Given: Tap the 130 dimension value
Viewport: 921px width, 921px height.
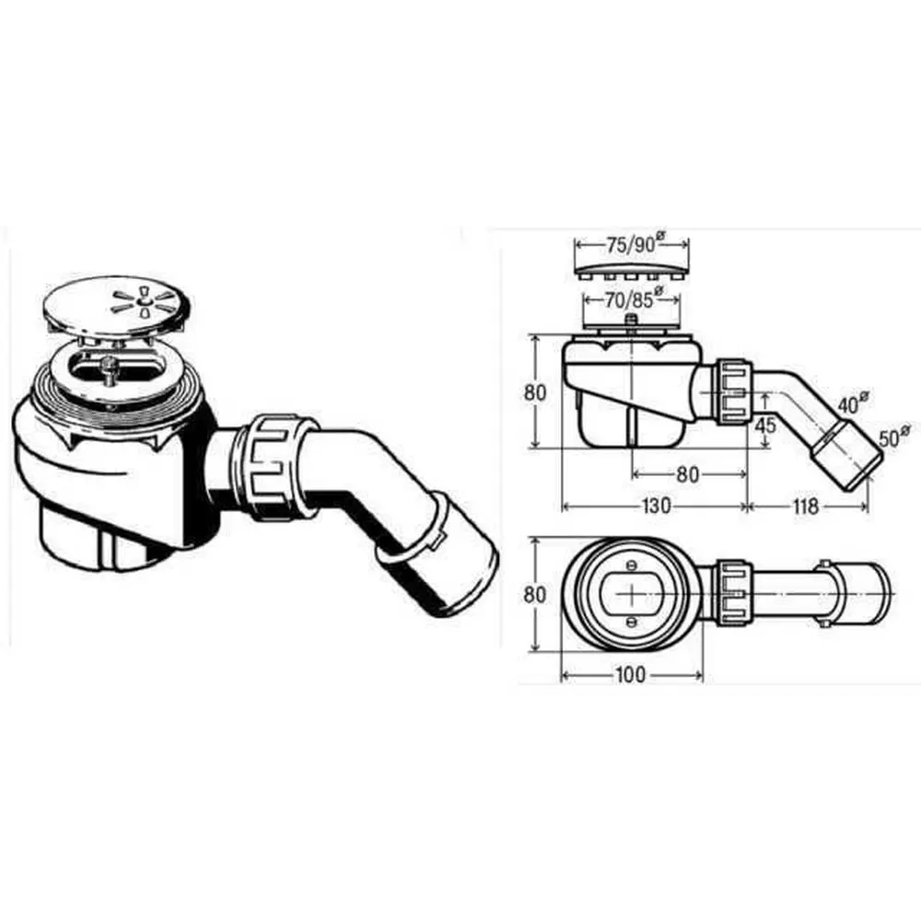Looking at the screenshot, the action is pyautogui.click(x=655, y=506).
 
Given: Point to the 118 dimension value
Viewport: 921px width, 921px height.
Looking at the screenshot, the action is pyautogui.click(x=805, y=506).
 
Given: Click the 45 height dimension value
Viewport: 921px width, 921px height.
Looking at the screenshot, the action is pyautogui.click(x=764, y=425).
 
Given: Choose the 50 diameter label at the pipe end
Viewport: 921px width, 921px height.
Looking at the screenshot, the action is pyautogui.click(x=893, y=436).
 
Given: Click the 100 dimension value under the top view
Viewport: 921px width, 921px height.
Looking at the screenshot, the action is pyautogui.click(x=630, y=675).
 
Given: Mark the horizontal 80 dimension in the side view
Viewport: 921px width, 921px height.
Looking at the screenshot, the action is pyautogui.click(x=687, y=474).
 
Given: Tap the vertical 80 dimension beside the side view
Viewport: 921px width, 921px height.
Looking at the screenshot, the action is pyautogui.click(x=534, y=391).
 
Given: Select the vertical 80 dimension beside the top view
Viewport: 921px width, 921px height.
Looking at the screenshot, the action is pyautogui.click(x=534, y=594).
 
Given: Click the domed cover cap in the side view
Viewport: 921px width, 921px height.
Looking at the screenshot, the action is pyautogui.click(x=632, y=268).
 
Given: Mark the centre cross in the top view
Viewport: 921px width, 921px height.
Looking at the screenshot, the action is pyautogui.click(x=632, y=593).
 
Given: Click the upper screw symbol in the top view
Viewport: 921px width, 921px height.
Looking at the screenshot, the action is pyautogui.click(x=632, y=565).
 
